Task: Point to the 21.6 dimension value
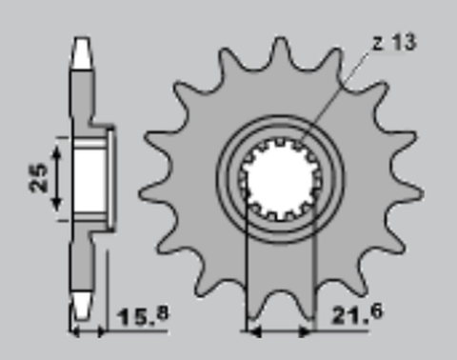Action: pyautogui.click(x=353, y=315)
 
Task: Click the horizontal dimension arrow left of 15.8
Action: pyautogui.click(x=89, y=332)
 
